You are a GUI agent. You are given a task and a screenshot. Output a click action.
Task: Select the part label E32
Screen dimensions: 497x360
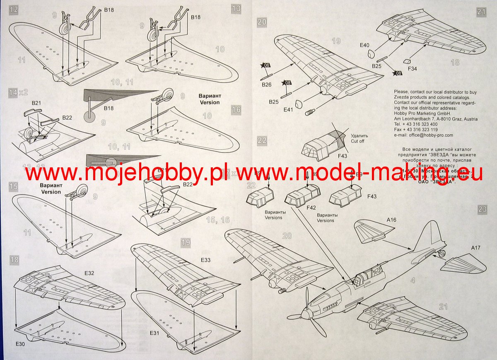coord(89,273)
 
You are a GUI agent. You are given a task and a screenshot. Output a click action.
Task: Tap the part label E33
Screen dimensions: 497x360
coord(205,260)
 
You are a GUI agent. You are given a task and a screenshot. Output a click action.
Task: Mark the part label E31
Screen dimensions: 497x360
coord(154,333)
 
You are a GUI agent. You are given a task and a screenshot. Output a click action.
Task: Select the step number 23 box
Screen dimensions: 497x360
coord(482,209)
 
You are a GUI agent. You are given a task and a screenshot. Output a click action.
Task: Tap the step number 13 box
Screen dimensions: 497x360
coord(236,8)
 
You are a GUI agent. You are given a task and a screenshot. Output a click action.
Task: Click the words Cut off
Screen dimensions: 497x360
coord(359,141)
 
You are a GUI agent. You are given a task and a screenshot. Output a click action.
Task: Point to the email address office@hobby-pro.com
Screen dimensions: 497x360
coord(423,135)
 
